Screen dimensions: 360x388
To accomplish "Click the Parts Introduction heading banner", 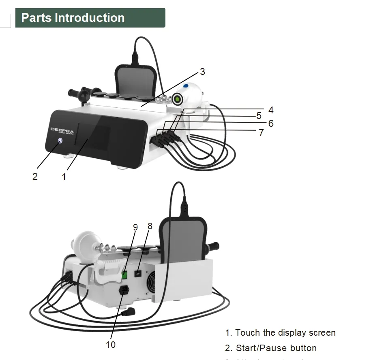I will click(x=90, y=18).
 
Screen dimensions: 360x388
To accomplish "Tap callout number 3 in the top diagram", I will click(x=202, y=72).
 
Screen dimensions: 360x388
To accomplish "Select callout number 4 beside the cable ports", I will click(x=270, y=110).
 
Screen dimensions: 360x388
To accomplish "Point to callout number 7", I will click(x=261, y=133).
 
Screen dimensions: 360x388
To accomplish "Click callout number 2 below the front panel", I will click(x=35, y=177).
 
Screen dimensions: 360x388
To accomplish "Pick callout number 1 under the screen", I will click(x=64, y=177).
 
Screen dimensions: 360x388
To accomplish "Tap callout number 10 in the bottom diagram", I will click(x=111, y=345).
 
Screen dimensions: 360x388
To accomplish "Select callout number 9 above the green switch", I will click(x=135, y=228).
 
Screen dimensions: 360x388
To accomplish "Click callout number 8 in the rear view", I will click(x=150, y=226).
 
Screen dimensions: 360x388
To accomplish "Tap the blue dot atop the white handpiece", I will click(x=186, y=86).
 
